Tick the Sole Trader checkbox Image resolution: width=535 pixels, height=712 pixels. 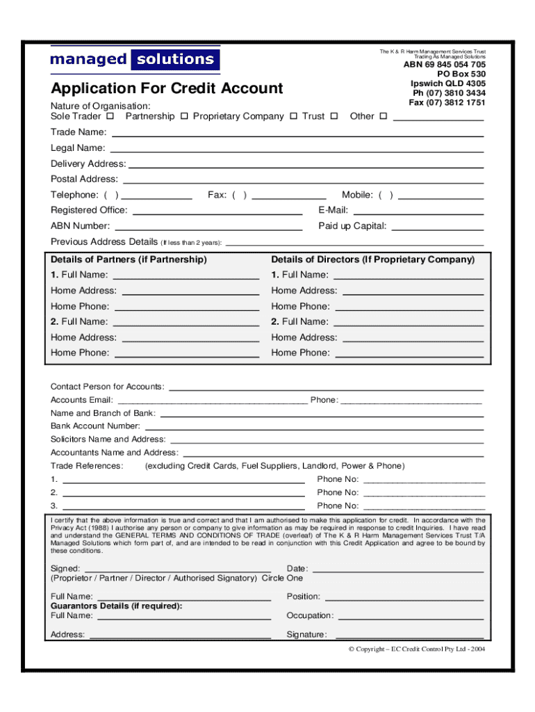point(110,116)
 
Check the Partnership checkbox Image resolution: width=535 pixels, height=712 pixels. point(184,116)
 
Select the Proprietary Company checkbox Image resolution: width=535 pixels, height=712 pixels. point(293,116)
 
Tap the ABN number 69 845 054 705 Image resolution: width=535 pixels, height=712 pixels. point(445,65)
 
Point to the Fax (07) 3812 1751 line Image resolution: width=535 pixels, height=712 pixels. point(447,103)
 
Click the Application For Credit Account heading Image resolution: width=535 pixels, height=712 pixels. point(167,88)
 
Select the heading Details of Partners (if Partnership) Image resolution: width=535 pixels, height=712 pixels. point(129,259)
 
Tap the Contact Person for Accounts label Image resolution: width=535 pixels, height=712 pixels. point(108,387)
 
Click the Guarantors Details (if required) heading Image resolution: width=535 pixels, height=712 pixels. point(117,606)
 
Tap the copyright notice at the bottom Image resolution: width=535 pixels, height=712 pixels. point(417,649)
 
